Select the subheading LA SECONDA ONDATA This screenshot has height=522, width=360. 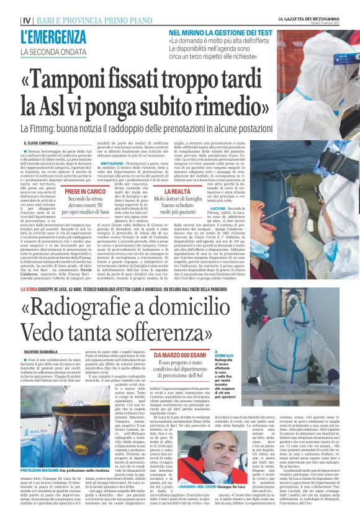(52, 51)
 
